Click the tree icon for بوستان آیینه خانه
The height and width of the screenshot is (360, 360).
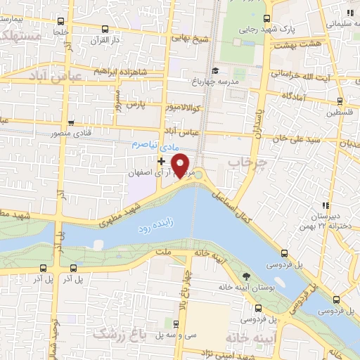coord(245,276)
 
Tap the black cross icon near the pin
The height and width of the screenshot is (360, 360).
coord(162,160)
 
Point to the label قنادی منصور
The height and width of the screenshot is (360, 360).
coord(70,133)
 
